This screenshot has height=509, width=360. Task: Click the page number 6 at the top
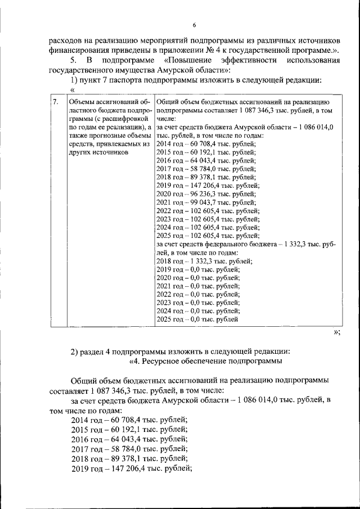pyautogui.click(x=194, y=25)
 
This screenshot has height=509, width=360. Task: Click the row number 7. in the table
pyautogui.click(x=55, y=102)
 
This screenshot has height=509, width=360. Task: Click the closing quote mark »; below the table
pyautogui.click(x=336, y=332)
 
